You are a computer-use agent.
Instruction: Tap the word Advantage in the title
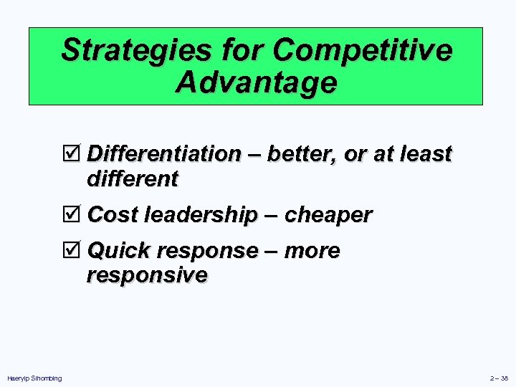pyautogui.click(x=256, y=82)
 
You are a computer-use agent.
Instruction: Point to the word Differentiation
pyautogui.click(x=164, y=154)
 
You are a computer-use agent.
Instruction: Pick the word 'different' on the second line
pyautogui.click(x=132, y=178)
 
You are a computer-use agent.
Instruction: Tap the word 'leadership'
pyautogui.click(x=201, y=215)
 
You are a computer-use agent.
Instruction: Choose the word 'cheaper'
pyautogui.click(x=328, y=215)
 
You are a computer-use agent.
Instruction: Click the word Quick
pyautogui.click(x=118, y=252)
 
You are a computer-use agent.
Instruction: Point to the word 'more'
pyautogui.click(x=312, y=252)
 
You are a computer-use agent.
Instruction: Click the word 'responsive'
pyautogui.click(x=147, y=275)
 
